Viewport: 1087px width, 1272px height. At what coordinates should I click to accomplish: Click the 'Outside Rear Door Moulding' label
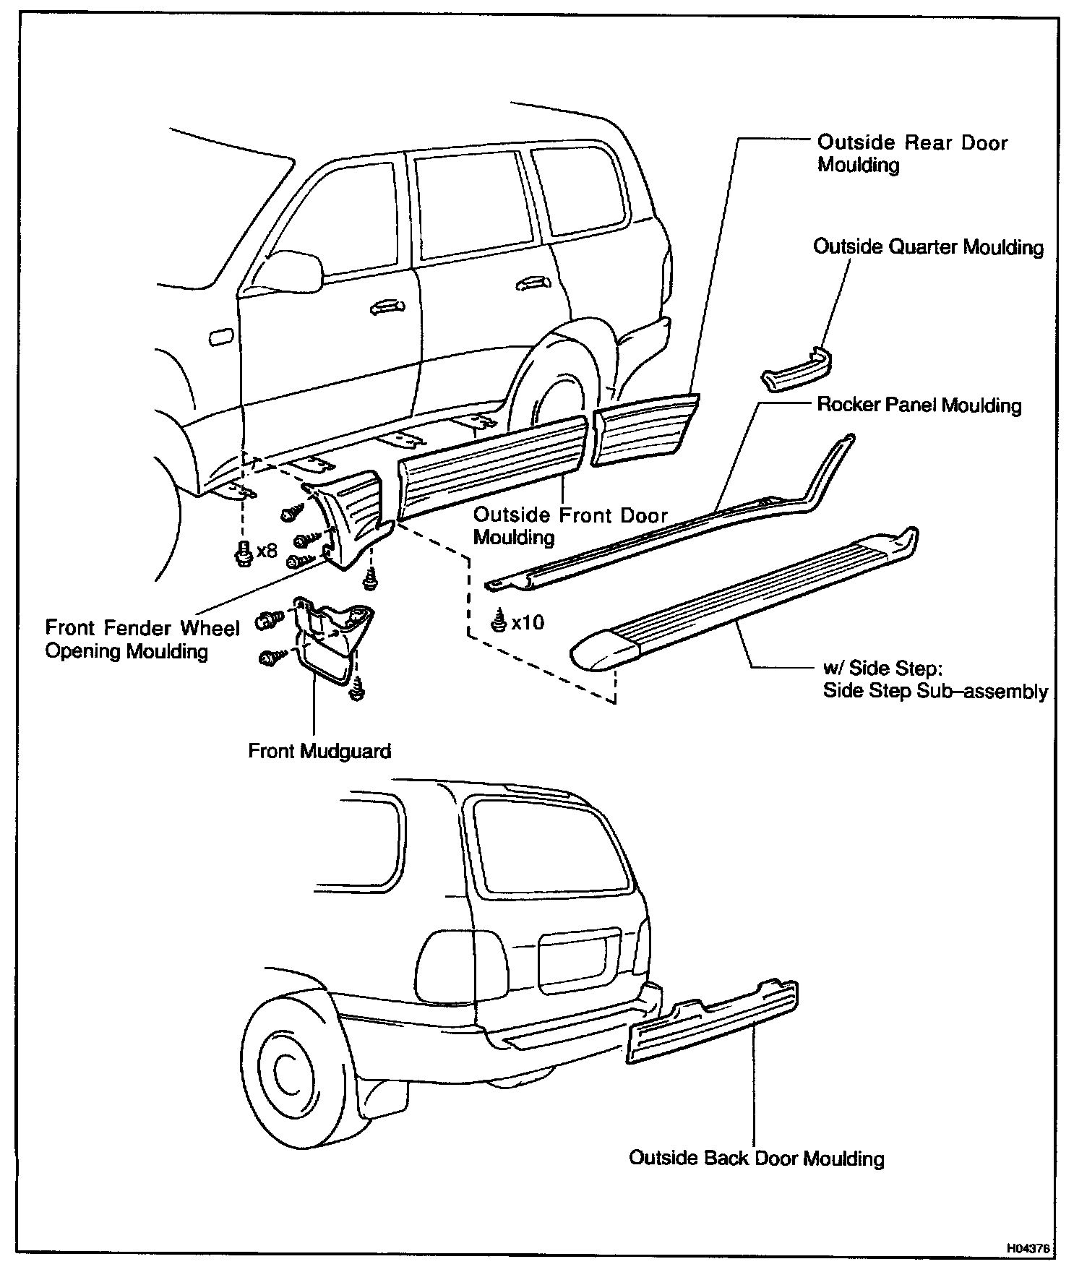click(912, 153)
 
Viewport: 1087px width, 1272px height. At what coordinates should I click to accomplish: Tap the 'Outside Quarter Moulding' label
click(928, 247)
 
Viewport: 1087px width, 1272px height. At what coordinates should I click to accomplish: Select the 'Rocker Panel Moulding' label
click(919, 405)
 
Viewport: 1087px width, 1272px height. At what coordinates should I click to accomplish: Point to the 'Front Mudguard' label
click(319, 751)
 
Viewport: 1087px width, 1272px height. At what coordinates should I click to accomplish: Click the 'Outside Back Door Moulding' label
click(756, 1158)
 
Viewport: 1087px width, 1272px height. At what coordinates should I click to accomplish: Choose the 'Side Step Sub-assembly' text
click(935, 691)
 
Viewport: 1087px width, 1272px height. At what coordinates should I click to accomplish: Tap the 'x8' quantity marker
click(266, 551)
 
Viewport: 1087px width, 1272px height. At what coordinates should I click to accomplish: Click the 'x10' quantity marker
click(528, 622)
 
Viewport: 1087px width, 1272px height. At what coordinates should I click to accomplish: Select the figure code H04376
click(1029, 1247)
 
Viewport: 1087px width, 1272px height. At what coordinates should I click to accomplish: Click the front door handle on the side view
click(386, 309)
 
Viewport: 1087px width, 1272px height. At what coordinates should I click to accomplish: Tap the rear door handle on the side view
click(531, 283)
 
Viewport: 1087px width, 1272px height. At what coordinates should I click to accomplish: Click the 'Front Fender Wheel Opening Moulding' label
click(142, 639)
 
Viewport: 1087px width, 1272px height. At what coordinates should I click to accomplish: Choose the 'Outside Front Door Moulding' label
click(570, 525)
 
